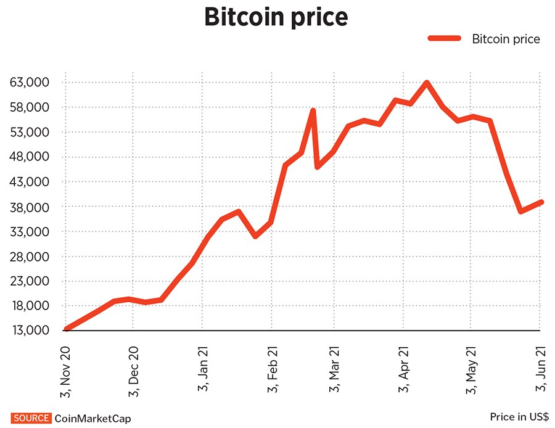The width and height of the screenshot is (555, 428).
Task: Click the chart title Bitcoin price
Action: [276, 19]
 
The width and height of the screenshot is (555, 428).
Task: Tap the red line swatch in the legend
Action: [445, 39]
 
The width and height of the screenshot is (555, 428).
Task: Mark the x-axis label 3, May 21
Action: [472, 369]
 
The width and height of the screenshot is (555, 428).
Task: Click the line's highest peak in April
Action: [426, 83]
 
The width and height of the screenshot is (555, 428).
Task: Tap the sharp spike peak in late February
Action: [313, 111]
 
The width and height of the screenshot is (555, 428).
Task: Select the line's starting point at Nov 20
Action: [67, 329]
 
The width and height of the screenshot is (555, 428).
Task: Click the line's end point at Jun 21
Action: [540, 202]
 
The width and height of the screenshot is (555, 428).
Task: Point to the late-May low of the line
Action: [521, 212]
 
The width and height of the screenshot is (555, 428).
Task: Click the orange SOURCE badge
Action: [31, 418]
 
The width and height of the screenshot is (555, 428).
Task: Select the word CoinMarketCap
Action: [93, 418]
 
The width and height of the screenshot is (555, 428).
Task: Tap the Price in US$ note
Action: [519, 417]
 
